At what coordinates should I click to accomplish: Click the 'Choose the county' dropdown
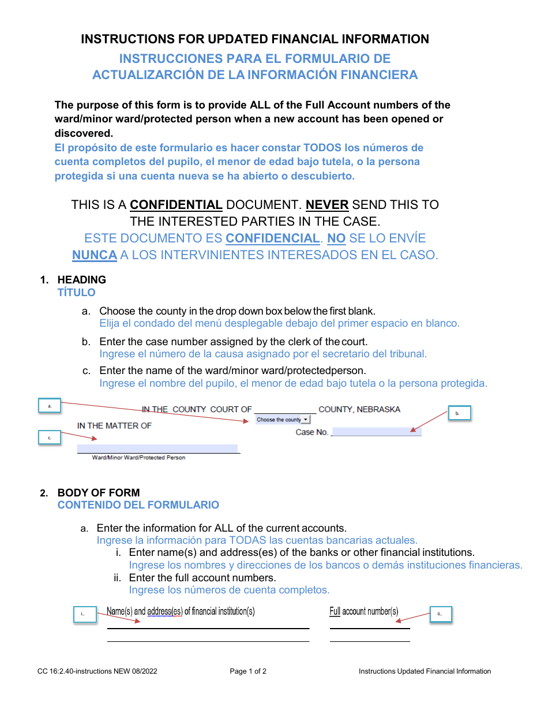pyautogui.click(x=283, y=420)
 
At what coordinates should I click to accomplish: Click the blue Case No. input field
pyautogui.click(x=377, y=432)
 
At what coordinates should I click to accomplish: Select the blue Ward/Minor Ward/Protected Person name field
pyautogui.click(x=157, y=449)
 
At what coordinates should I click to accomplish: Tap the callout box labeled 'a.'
pyautogui.click(x=50, y=406)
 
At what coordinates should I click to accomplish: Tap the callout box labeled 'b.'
pyautogui.click(x=459, y=413)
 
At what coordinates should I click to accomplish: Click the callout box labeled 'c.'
pyautogui.click(x=50, y=438)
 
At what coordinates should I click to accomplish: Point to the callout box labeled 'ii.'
pyautogui.click(x=441, y=614)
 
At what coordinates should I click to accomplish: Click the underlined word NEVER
pyautogui.click(x=326, y=204)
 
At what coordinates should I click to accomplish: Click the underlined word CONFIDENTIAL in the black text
pyautogui.click(x=176, y=204)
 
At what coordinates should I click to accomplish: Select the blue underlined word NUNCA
pyautogui.click(x=94, y=255)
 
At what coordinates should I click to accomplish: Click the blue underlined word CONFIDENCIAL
pyautogui.click(x=272, y=238)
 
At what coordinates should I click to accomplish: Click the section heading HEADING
pyautogui.click(x=82, y=279)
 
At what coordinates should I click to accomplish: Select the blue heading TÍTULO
pyautogui.click(x=76, y=292)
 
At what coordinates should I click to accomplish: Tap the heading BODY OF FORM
pyautogui.click(x=99, y=492)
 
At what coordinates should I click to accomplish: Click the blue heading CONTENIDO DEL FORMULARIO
pyautogui.click(x=138, y=505)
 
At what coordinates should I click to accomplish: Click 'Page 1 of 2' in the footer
pyautogui.click(x=248, y=671)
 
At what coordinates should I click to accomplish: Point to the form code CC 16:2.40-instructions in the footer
pyautogui.click(x=95, y=671)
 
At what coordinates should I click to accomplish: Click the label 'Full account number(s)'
pyautogui.click(x=364, y=611)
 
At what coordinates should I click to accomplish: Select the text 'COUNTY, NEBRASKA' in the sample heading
pyautogui.click(x=359, y=409)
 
